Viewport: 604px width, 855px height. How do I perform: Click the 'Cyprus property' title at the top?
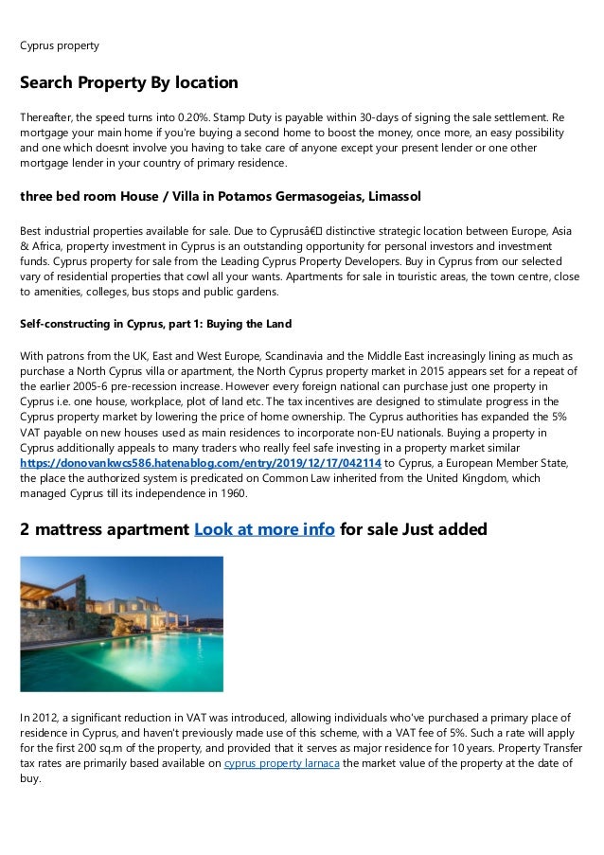[x=60, y=45]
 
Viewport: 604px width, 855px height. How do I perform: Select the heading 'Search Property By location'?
[x=129, y=82]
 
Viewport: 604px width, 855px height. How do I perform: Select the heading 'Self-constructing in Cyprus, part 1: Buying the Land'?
[x=155, y=324]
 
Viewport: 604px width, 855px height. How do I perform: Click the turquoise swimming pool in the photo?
[x=123, y=645]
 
